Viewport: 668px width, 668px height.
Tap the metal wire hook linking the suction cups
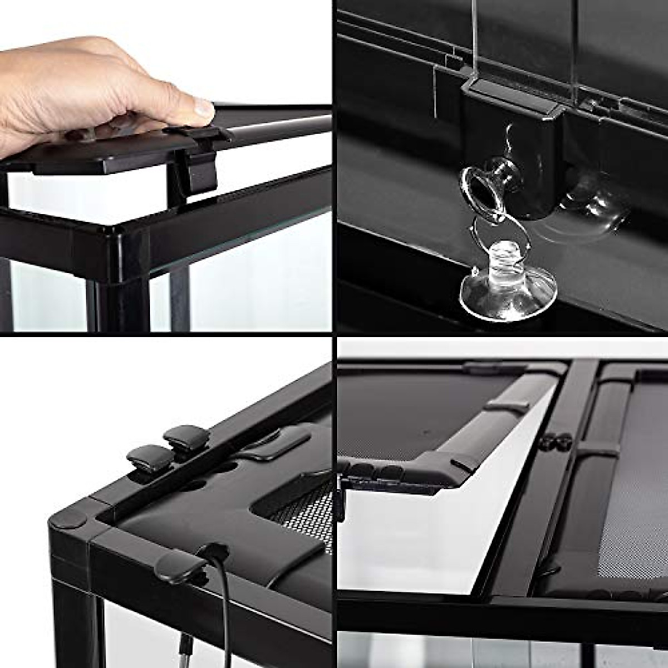(490, 234)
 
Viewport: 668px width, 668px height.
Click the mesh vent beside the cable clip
(301, 512)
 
